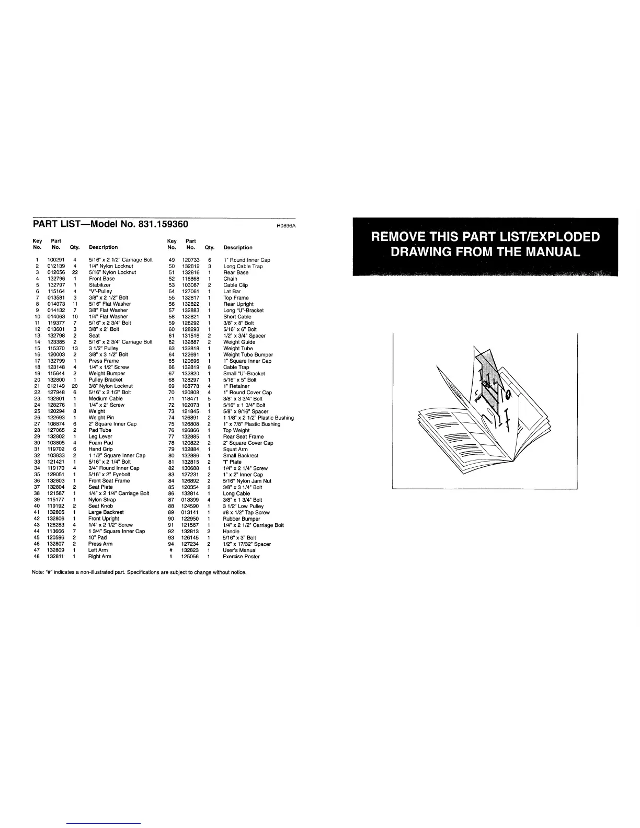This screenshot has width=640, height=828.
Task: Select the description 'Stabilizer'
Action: (99, 285)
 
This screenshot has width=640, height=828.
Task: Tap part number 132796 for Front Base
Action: (56, 279)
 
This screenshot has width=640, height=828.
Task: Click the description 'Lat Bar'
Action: (232, 292)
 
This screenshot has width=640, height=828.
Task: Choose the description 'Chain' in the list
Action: (230, 279)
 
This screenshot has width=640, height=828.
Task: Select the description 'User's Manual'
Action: (239, 550)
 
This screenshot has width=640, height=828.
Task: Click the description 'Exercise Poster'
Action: (241, 557)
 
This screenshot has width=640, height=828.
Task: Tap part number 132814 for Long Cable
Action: (190, 493)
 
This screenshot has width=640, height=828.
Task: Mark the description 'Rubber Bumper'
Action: (241, 519)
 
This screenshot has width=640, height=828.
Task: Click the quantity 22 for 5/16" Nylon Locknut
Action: (75, 272)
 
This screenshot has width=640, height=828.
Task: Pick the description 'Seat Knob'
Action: (100, 506)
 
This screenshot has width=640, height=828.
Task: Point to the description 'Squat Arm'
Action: (235, 450)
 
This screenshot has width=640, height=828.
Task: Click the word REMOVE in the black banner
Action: (402, 237)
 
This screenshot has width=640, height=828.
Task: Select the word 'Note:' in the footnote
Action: (38, 572)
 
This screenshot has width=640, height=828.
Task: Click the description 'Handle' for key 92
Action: (231, 532)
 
